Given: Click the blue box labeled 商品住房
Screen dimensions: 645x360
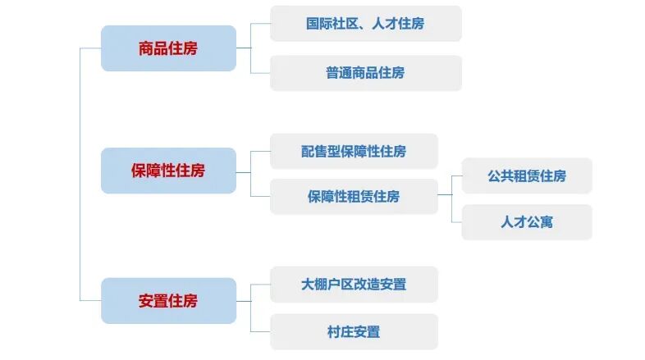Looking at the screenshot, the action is click(x=168, y=48).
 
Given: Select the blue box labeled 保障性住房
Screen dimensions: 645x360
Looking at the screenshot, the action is click(x=168, y=171).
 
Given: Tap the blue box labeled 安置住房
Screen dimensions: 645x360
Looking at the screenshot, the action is click(x=168, y=300).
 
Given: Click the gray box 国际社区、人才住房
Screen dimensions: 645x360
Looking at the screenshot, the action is click(x=365, y=24).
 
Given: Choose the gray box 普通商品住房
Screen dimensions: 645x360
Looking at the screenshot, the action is click(x=365, y=73).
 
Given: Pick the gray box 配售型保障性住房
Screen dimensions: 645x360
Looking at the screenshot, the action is click(x=354, y=152).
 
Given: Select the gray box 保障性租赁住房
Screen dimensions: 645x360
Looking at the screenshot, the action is click(x=354, y=197).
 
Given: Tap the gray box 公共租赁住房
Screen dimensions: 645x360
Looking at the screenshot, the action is click(x=526, y=176).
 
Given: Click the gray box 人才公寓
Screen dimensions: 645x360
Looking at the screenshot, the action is click(x=526, y=222).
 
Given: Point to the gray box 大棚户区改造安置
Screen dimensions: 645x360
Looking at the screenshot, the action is click(x=354, y=285).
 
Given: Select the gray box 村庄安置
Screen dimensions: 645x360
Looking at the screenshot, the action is click(x=354, y=332).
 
